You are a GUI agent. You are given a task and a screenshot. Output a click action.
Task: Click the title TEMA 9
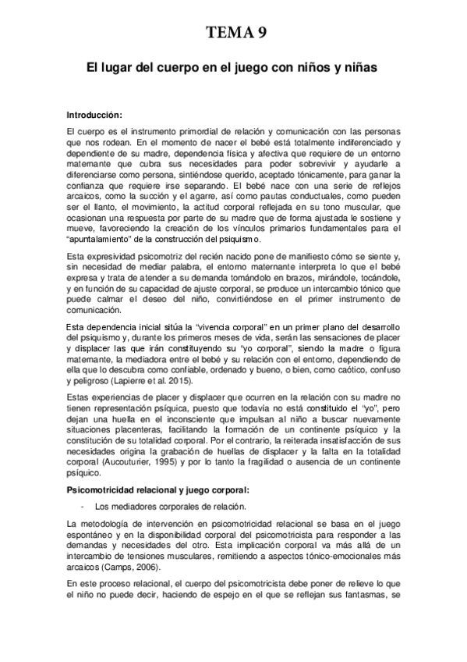(x=233, y=32)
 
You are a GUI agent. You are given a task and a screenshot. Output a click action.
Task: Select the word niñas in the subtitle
(x=359, y=69)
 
